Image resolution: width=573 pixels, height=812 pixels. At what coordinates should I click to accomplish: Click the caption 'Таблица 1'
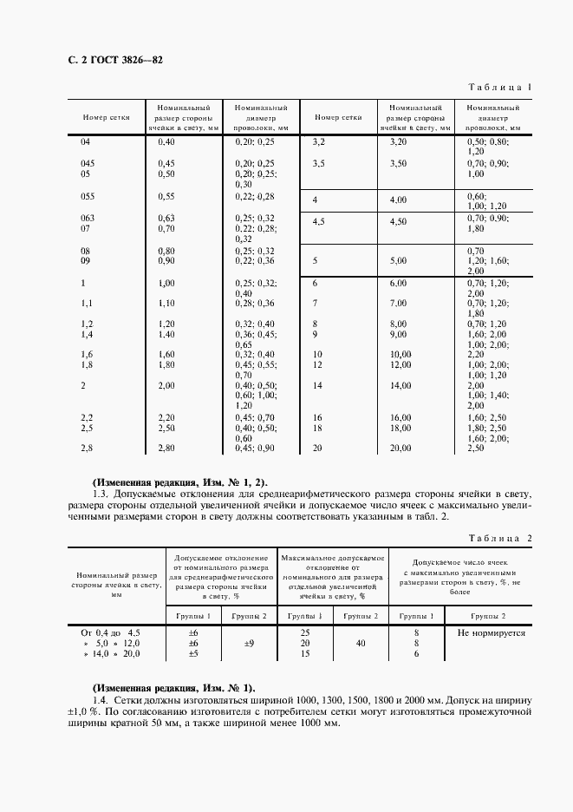pos(500,88)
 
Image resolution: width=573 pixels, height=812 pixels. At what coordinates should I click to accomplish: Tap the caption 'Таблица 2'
pos(499,538)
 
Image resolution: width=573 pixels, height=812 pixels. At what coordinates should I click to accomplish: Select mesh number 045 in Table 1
pos(87,163)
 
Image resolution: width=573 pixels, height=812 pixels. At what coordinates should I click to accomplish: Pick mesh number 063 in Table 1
pos(87,218)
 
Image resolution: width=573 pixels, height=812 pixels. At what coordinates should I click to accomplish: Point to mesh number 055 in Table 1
pos(87,196)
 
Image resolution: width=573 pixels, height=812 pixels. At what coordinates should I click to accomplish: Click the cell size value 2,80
pos(166,448)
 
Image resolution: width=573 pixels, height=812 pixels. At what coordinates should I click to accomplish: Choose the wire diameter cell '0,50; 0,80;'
pos(488,141)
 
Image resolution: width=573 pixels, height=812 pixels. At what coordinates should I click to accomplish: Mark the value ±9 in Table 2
pos(248,644)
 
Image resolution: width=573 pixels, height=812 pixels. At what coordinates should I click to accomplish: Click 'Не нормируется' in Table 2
pos(485,633)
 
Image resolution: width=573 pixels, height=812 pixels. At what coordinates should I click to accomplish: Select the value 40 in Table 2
pos(360,644)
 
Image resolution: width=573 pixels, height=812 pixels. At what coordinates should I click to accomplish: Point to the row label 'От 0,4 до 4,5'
pos(110,633)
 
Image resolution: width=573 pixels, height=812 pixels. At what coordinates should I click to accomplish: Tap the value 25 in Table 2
pos(304,633)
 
